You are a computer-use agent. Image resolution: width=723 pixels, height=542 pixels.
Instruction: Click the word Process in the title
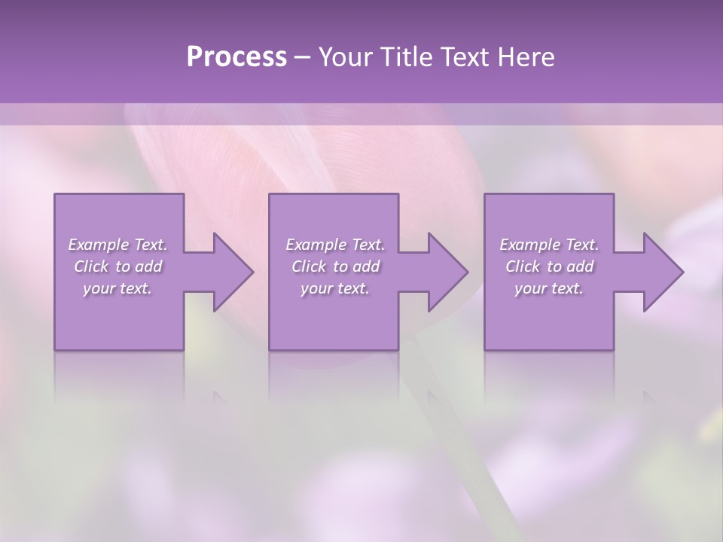pyautogui.click(x=236, y=56)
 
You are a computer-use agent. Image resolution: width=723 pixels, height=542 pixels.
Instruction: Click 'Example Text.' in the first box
pyautogui.click(x=117, y=245)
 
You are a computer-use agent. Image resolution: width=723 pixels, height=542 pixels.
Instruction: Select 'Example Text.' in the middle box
pyautogui.click(x=335, y=245)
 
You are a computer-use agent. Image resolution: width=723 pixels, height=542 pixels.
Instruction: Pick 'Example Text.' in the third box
pyautogui.click(x=549, y=245)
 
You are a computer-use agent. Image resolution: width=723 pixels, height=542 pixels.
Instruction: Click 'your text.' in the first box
pyautogui.click(x=117, y=288)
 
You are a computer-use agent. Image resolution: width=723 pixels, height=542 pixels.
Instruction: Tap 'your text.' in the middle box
pyautogui.click(x=335, y=288)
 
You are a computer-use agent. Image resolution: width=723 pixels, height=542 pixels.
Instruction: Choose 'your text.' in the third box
pyautogui.click(x=549, y=288)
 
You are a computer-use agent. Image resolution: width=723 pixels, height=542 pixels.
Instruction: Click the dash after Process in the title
pyautogui.click(x=303, y=58)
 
